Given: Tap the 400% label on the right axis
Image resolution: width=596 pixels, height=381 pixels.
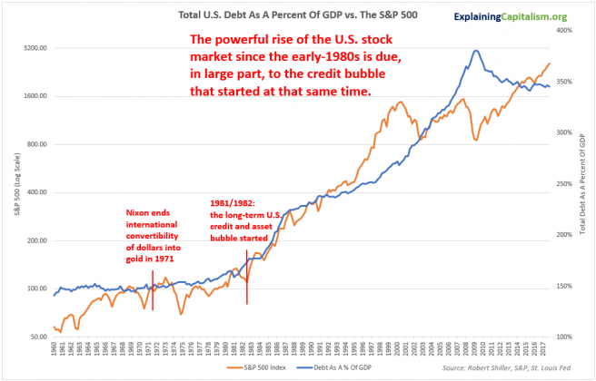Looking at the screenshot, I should tap(562, 31).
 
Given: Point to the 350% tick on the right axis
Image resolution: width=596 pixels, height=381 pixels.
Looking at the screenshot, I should tap(562, 82).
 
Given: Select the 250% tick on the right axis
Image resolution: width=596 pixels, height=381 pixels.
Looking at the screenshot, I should tap(562, 184).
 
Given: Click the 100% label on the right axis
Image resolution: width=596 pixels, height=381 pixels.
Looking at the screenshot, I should tap(562, 337).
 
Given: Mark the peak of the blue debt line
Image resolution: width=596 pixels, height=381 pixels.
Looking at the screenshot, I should tap(476, 51).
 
